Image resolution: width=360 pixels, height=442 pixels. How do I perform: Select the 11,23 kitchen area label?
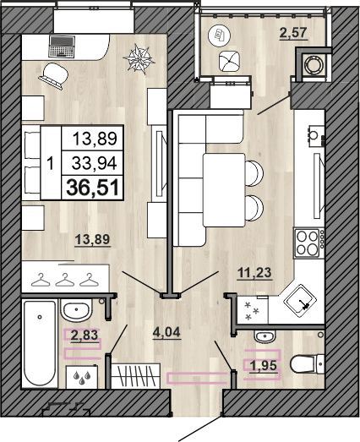255,271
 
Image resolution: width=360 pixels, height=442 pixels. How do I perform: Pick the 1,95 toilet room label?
261,364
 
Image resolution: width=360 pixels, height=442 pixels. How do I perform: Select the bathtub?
39,342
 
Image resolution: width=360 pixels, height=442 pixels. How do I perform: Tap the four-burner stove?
308,243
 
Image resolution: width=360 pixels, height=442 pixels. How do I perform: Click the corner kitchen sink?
300,295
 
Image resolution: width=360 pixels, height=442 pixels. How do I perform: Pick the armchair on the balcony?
229,61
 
